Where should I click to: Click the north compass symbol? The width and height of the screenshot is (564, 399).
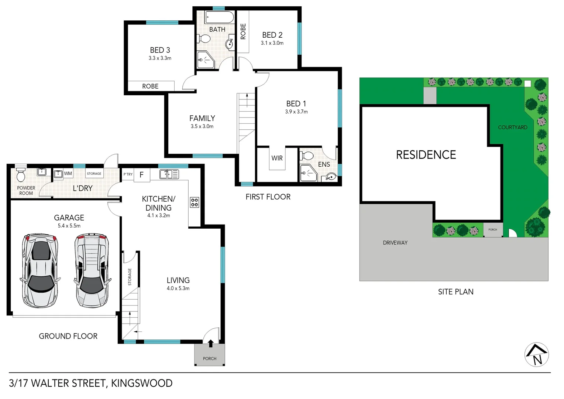537,355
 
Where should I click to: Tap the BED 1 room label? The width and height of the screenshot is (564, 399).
296,104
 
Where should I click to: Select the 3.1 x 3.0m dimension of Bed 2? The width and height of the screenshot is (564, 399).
272,43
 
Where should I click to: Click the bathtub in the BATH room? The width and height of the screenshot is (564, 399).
220,18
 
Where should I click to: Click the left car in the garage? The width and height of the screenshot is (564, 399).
40,270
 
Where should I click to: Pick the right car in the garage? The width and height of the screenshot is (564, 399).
92,270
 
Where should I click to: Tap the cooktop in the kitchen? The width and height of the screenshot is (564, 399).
195,202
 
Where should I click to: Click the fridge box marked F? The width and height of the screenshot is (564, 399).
141,175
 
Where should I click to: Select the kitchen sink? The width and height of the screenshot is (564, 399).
169,174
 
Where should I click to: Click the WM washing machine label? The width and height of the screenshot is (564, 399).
68,173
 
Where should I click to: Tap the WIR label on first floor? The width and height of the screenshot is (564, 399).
277,158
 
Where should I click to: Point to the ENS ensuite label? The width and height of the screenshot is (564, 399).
324,164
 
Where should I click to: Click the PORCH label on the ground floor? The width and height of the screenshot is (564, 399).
210,358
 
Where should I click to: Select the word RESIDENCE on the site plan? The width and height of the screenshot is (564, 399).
426,155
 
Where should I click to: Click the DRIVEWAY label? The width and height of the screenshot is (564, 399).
395,243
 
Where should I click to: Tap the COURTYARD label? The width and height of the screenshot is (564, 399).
512,127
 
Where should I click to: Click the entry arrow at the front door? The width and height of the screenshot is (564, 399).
210,344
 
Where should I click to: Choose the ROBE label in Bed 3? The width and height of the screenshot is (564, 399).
150,86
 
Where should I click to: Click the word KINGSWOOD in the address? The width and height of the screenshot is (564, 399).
142,383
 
